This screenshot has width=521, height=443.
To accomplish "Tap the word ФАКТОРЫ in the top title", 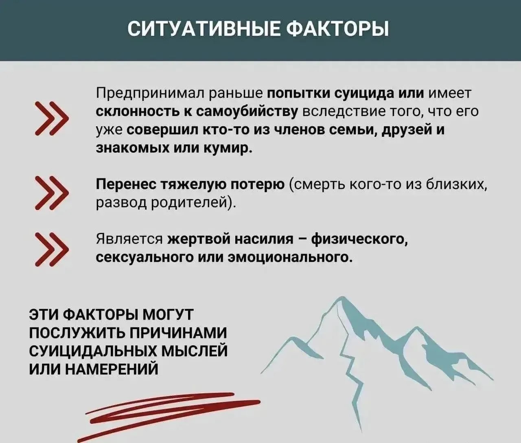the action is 337,30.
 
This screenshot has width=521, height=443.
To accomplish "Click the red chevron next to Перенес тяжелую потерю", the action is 52,193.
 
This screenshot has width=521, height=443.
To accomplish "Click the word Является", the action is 129,240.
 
